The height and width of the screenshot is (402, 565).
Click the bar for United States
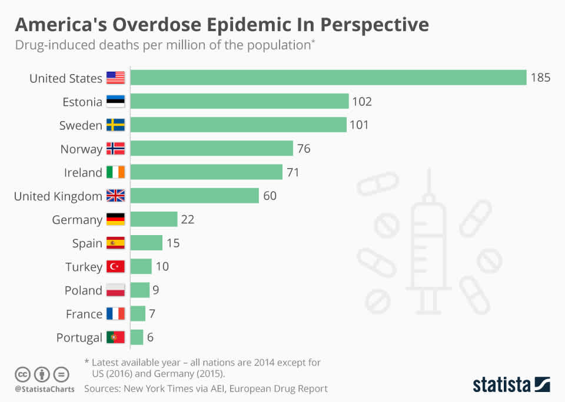(328, 78)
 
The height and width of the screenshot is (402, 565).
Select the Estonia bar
(239, 101)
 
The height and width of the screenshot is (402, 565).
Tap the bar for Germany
(154, 219)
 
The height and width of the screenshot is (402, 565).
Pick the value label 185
(540, 78)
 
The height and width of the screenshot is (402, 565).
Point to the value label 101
(359, 125)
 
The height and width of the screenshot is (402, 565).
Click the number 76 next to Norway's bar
(304, 149)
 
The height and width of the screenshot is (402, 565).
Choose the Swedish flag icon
(116, 125)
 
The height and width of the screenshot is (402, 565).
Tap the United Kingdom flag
(116, 196)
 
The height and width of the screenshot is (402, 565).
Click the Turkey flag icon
(116, 266)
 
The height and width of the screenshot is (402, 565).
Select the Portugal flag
(116, 337)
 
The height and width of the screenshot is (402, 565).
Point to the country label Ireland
(83, 172)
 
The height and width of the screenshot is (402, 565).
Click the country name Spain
(87, 243)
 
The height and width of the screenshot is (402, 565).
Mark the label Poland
(84, 290)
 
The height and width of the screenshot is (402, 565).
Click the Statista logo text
(501, 385)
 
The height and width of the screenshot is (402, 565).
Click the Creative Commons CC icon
(22, 374)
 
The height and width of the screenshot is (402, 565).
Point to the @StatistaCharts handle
(44, 389)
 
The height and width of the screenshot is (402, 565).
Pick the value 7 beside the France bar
(152, 314)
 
